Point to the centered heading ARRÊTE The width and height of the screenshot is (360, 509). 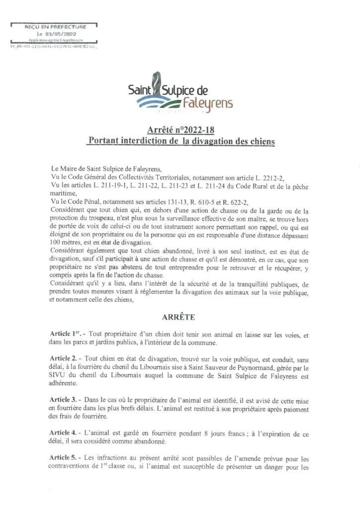(x=180, y=316)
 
